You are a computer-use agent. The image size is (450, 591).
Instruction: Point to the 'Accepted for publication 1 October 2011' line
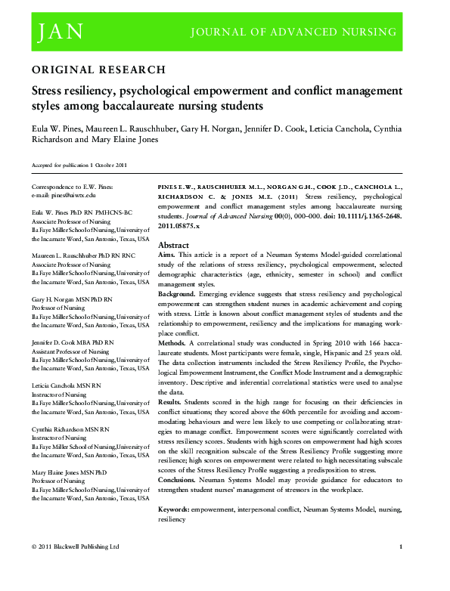[x=79, y=165]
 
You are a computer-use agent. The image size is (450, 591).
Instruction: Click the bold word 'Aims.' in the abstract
[x=168, y=257]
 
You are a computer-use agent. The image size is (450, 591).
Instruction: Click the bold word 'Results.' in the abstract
[x=172, y=404]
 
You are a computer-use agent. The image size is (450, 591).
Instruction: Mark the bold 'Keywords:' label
[x=175, y=511]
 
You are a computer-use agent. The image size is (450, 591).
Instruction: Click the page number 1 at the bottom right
[x=400, y=546]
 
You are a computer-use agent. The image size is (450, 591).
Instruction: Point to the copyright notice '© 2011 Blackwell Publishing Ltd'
[x=76, y=546]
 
